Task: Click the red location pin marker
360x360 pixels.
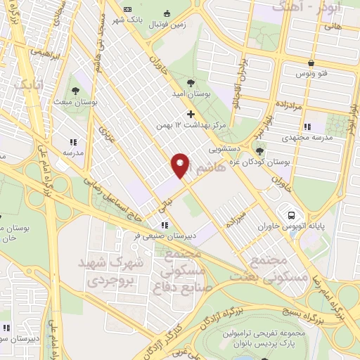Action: point(180,166)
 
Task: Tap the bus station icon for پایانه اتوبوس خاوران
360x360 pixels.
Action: point(288,214)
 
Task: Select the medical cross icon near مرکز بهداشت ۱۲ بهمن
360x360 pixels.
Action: point(191,115)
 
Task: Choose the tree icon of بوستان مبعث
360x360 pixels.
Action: point(75,90)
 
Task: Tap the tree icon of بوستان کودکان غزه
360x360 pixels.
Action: point(260,150)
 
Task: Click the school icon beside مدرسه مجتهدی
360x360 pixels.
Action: point(307,127)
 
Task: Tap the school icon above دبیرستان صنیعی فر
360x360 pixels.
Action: point(165,225)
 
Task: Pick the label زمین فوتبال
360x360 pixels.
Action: point(166,24)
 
